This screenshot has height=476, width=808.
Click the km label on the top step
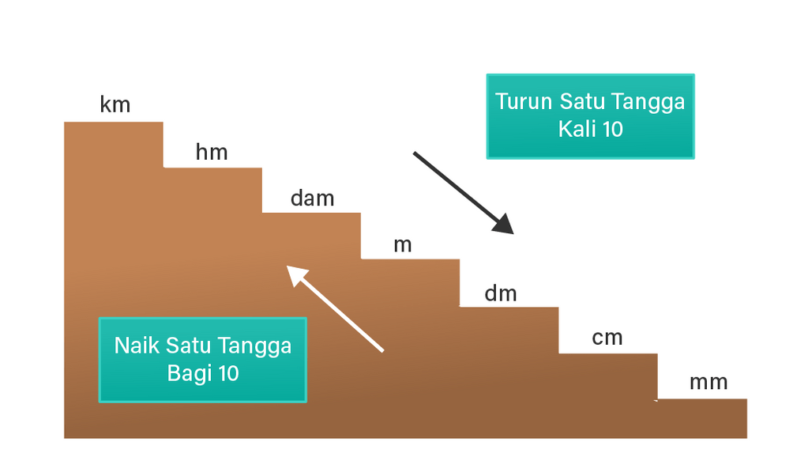115,104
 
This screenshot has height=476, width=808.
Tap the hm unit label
212,152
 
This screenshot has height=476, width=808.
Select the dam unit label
312,198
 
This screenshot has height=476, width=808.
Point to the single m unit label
403,245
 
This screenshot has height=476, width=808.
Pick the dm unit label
500,293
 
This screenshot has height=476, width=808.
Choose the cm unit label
607,338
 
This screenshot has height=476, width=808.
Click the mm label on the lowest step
708,383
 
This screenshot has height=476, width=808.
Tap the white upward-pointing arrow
335,308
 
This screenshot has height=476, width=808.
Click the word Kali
577,129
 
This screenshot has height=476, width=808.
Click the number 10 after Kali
612,129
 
